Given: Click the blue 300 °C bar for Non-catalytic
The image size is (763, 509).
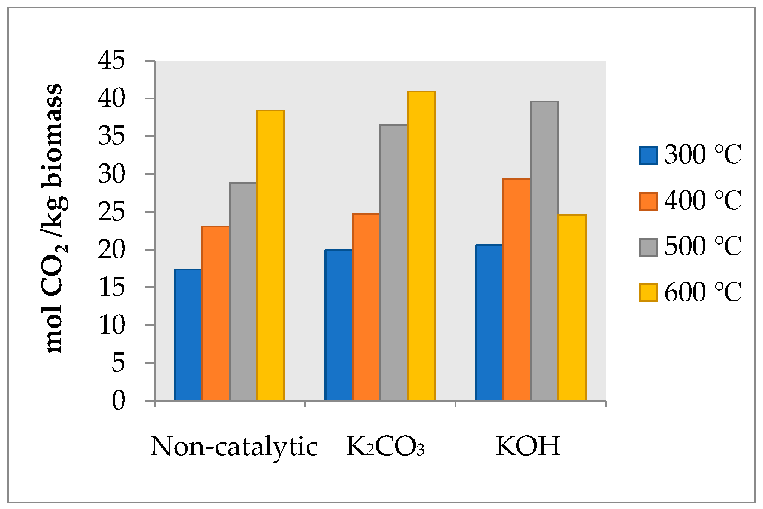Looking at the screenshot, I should (x=188, y=335).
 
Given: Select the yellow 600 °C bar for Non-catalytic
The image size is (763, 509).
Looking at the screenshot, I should (x=271, y=255).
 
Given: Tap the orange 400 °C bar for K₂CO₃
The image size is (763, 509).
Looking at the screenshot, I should (x=366, y=307).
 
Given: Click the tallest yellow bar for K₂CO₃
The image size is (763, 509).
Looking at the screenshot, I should (x=421, y=246).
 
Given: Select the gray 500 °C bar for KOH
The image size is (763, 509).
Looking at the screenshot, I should (x=544, y=251).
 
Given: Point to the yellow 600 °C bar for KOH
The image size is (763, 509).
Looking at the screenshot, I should (x=572, y=307).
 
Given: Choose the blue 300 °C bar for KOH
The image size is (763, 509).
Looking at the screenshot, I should (x=489, y=322).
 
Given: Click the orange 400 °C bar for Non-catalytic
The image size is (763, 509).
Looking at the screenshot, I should (x=216, y=313).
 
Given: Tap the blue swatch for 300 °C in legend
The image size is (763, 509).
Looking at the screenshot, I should (x=649, y=156).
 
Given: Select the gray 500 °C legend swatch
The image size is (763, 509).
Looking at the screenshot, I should (x=649, y=247).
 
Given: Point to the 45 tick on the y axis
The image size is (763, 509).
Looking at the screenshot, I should (x=111, y=61).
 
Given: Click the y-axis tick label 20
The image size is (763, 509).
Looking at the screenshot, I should (x=111, y=250).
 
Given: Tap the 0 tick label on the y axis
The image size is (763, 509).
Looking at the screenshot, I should (x=118, y=401).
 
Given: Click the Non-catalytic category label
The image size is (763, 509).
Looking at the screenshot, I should (x=234, y=446).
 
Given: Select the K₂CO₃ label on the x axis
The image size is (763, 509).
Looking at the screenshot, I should (x=385, y=446).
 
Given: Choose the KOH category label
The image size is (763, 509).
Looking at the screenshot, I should (x=528, y=446).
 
